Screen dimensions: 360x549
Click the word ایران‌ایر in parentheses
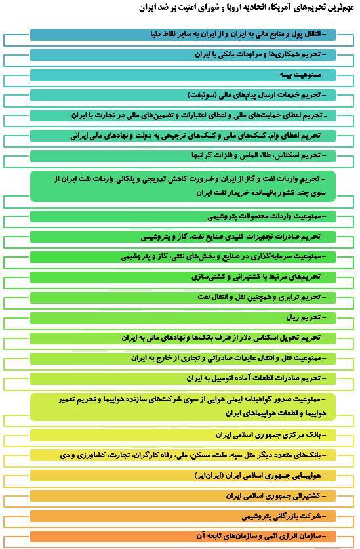pos(210,476)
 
